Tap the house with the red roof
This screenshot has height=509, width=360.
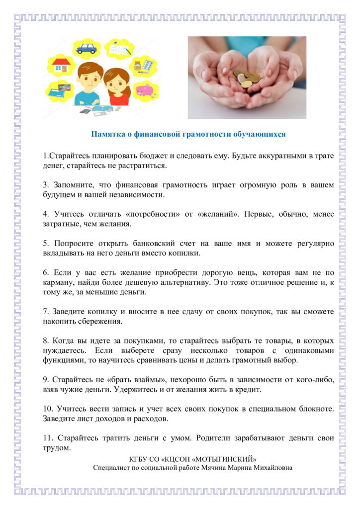coord(61,65)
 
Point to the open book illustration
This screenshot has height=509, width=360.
coord(120,50)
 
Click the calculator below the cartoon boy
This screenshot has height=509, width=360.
coord(85,110)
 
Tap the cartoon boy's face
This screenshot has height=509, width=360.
coord(89,80)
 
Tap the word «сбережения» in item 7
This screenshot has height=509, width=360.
coord(101,321)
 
